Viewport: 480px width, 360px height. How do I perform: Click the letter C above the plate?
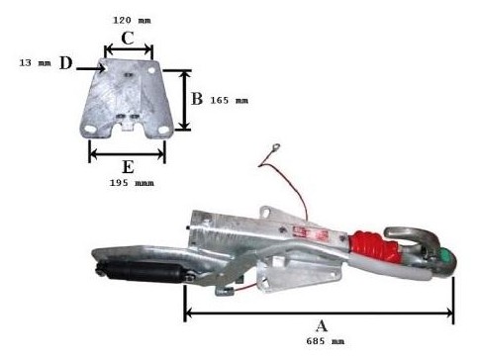pyautogui.click(x=128, y=39)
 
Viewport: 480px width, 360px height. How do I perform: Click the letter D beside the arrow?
pyautogui.click(x=65, y=63)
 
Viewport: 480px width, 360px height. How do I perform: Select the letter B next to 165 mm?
pyautogui.click(x=197, y=99)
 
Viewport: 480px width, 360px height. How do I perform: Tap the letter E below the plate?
pyautogui.click(x=128, y=167)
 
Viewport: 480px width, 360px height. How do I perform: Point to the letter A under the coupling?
pyautogui.click(x=322, y=326)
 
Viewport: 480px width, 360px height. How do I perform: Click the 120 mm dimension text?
pyautogui.click(x=132, y=21)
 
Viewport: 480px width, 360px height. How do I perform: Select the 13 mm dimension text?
pyautogui.click(x=35, y=62)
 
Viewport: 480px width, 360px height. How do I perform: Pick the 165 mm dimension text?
pyautogui.click(x=230, y=100)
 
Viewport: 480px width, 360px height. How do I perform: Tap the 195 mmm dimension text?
pyautogui.click(x=132, y=183)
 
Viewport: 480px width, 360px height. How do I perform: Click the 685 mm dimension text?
pyautogui.click(x=326, y=341)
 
